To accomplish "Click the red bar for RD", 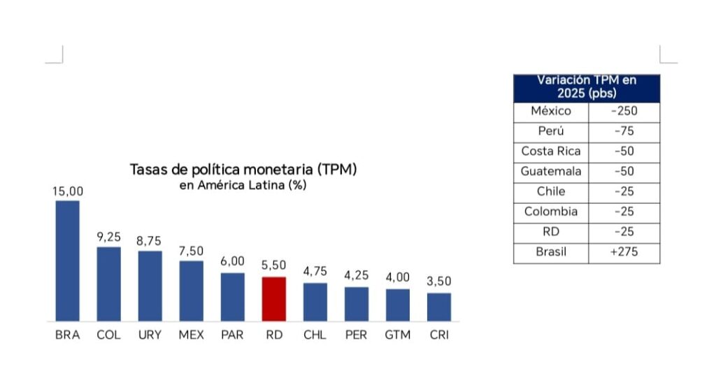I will pyautogui.click(x=274, y=299).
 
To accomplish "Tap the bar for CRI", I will pyautogui.click(x=439, y=307).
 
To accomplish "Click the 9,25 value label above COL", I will pyautogui.click(x=108, y=237).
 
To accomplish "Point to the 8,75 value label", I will pyautogui.click(x=150, y=241).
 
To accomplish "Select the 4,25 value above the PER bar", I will pyautogui.click(x=356, y=276).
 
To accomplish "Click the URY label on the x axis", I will pyautogui.click(x=150, y=335).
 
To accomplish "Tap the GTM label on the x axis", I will pyautogui.click(x=397, y=335).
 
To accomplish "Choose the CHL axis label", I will pyautogui.click(x=315, y=335).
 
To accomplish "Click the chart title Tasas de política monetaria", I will pyautogui.click(x=243, y=170).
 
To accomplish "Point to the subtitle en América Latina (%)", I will pyautogui.click(x=243, y=185).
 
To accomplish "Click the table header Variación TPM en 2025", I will pyautogui.click(x=586, y=87).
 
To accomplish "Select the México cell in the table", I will pyautogui.click(x=551, y=111).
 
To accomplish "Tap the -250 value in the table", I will pyautogui.click(x=624, y=111).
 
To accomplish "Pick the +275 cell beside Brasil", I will pyautogui.click(x=624, y=253).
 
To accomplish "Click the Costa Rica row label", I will pyautogui.click(x=551, y=152).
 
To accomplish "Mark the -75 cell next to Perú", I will pyautogui.click(x=624, y=131).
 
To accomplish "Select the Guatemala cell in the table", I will pyautogui.click(x=551, y=172).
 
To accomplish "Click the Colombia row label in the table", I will pyautogui.click(x=551, y=212).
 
